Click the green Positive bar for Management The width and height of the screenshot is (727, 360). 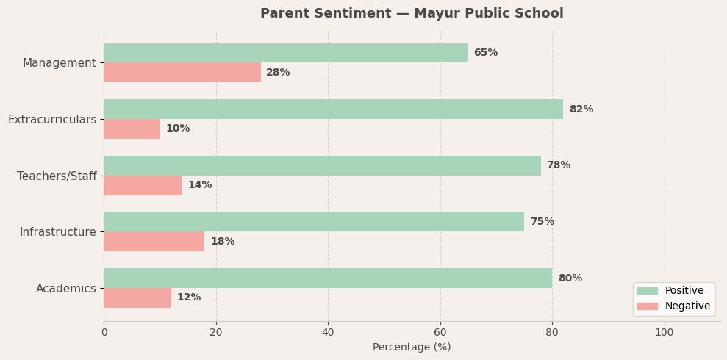pos(285,53)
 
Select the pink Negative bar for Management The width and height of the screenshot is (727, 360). pos(182,73)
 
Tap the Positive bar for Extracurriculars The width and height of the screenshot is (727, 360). pos(333,109)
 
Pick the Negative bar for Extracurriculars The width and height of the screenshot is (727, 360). pos(132,129)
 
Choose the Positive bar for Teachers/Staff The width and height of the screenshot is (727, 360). pos(322,165)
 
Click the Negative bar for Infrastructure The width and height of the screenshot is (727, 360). pos(154,242)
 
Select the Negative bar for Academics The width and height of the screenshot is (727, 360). pos(137,298)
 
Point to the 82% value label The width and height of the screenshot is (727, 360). pos(581,109)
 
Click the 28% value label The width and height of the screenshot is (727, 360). pos(278,73)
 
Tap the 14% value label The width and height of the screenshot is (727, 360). pos(200,185)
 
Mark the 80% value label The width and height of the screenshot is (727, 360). pos(570,278)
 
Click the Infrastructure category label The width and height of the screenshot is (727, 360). pos(58,232)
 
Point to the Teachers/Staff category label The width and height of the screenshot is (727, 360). pos(57,176)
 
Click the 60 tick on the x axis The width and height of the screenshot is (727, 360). pos(440,332)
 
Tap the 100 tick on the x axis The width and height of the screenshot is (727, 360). pos(665,332)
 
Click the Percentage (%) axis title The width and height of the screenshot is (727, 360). pos(412,348)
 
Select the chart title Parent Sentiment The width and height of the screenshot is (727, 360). pos(412,14)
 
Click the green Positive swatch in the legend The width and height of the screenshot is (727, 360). pos(647,291)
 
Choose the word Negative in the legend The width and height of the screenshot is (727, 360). pos(687,306)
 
